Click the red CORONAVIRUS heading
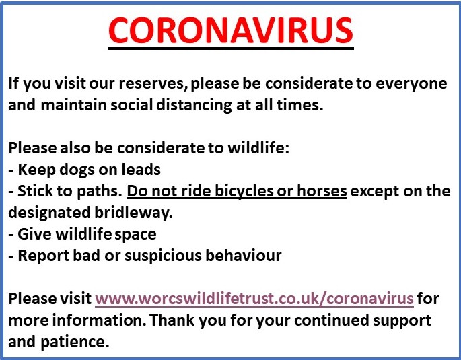(x=231, y=30)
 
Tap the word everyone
(x=411, y=83)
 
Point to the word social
(x=132, y=105)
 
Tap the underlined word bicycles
(x=244, y=191)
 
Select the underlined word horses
(x=322, y=191)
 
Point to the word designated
(x=49, y=213)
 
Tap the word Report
(x=43, y=256)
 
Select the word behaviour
(x=244, y=256)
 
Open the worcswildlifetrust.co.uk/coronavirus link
(x=254, y=299)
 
